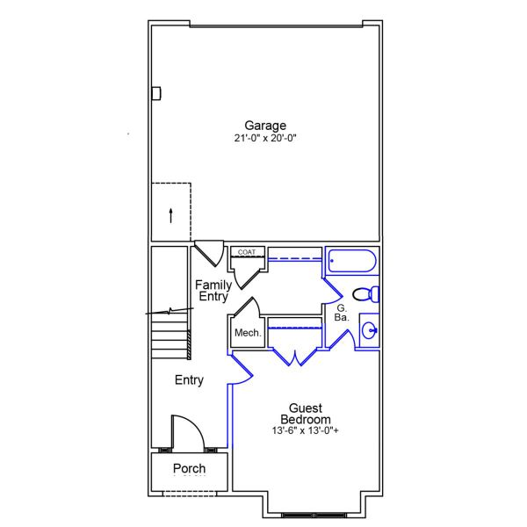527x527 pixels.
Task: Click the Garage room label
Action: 264,126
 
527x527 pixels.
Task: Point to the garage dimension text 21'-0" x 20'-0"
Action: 264,138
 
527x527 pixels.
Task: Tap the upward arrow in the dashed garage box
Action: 170,213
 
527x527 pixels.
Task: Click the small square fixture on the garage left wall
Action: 156,93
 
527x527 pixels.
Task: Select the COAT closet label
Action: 246,252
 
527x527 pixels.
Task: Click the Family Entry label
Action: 213,291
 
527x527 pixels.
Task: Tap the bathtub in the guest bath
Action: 351,262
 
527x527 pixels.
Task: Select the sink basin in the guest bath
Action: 370,331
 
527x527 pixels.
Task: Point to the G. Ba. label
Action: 342,313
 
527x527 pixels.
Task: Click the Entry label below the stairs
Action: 189,380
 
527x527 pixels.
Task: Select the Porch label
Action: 189,469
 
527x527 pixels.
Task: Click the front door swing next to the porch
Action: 187,431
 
